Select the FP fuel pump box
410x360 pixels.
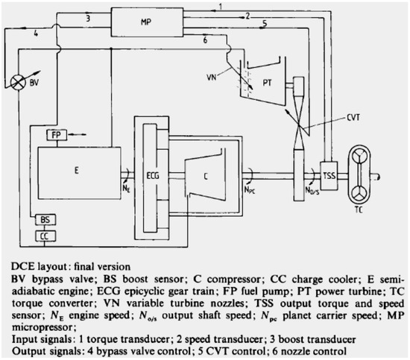click(x=57, y=135)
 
